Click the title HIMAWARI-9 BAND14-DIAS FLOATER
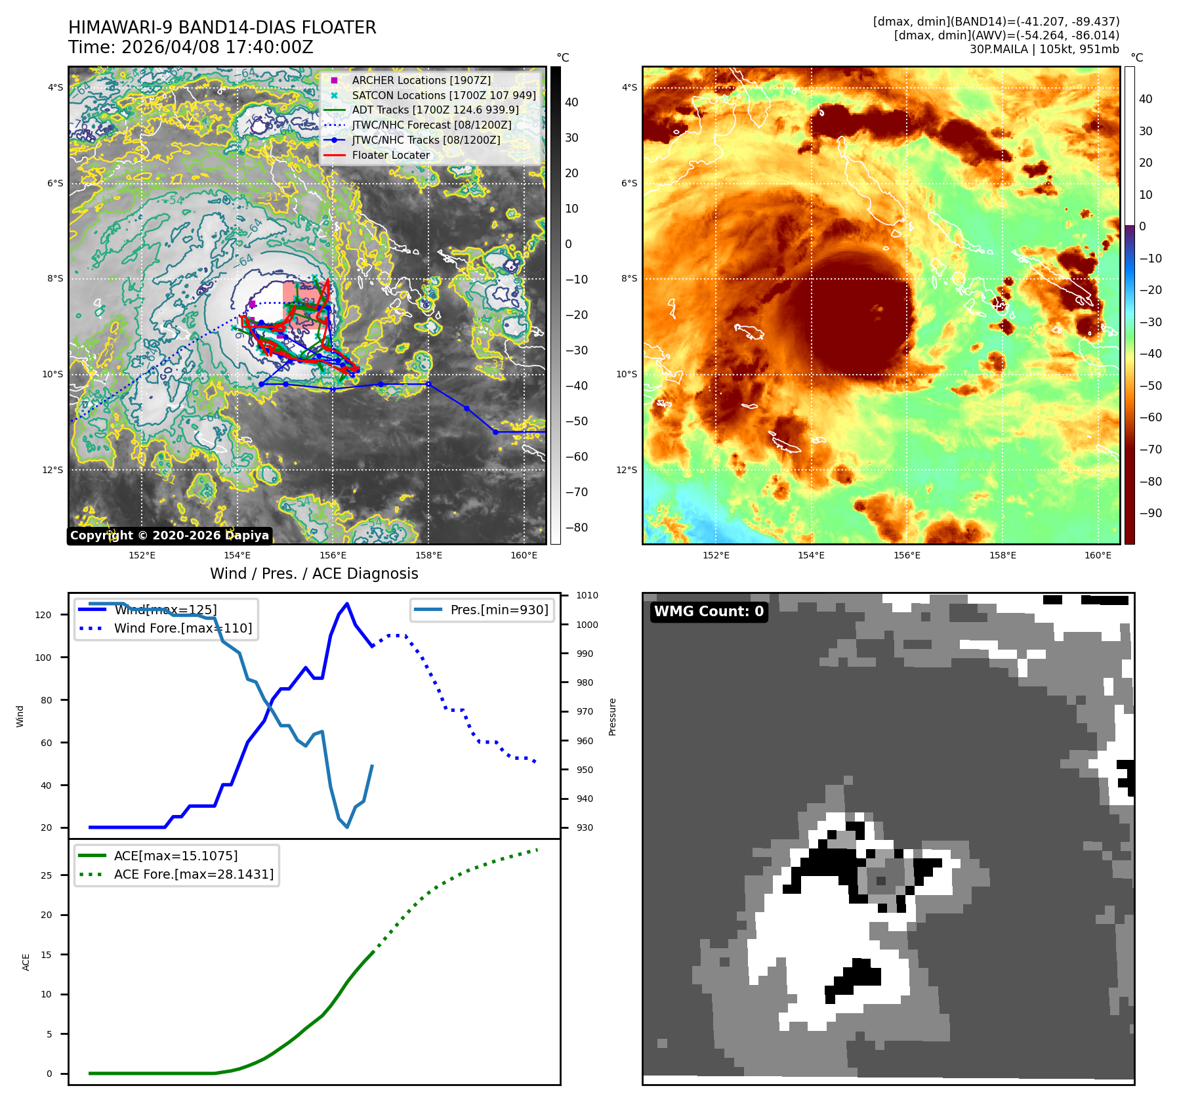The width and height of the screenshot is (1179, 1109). coord(222,28)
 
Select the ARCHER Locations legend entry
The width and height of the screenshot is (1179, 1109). coord(421,80)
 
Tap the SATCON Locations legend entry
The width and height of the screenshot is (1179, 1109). coord(443,95)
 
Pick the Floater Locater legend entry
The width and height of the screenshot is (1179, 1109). coord(390,156)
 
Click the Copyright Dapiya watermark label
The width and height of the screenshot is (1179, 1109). coord(169,535)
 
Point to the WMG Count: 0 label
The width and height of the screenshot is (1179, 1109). coord(709,612)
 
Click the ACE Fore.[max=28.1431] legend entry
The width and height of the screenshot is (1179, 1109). coord(194,874)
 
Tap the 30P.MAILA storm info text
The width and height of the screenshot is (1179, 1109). coord(1044,49)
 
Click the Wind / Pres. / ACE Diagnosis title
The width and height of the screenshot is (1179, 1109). coord(314,574)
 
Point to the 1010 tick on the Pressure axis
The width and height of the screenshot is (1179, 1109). coord(587,596)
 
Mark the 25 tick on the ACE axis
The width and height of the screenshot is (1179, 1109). coord(46,875)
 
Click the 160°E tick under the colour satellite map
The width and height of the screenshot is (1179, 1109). coord(1098,555)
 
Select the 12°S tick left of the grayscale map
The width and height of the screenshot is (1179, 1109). coord(53,470)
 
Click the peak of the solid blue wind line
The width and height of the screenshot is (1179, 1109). coord(347,604)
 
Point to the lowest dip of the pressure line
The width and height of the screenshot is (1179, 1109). coord(347,827)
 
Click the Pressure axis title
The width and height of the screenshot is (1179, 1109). coord(612,717)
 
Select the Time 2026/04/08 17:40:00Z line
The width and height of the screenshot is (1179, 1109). coord(190,47)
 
